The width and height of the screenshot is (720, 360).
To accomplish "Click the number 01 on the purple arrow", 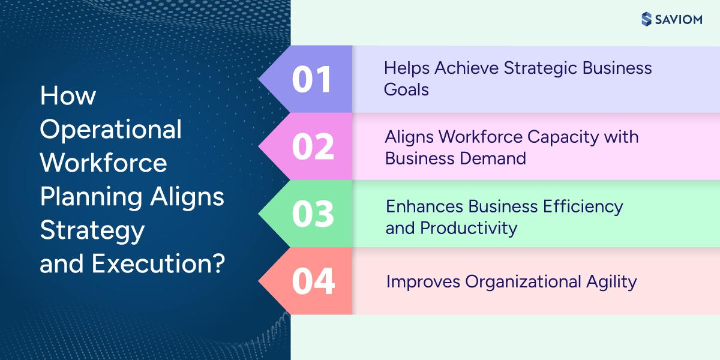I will pos(311,80).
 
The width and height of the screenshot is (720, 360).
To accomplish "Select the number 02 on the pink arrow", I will pos(313,147).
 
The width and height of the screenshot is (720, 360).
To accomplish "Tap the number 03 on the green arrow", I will pos(313,214).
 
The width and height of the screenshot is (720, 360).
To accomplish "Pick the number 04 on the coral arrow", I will pos(313,281).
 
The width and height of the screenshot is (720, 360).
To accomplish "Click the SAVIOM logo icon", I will pos(646,19).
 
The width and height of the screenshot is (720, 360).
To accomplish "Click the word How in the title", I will pos(68,96).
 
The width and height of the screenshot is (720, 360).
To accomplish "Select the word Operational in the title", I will pos(111,130).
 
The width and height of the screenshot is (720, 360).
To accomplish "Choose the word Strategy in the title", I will pos(92,230).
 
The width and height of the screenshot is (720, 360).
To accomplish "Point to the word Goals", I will pos(406,90).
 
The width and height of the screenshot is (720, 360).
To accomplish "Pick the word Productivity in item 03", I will pos(468,228).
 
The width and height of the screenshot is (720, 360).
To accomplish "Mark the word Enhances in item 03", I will pos(424,206).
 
